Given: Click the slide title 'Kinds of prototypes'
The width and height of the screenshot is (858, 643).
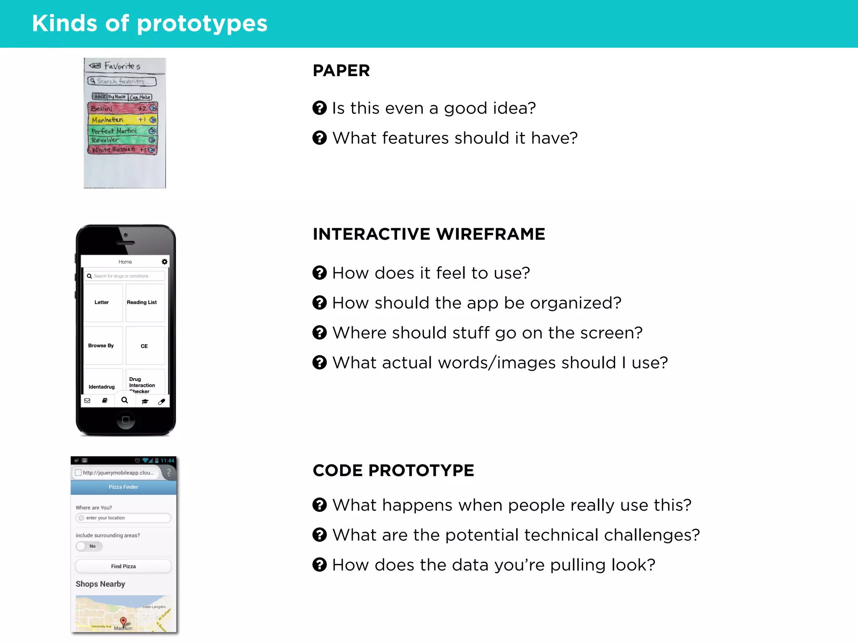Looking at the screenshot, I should (150, 23).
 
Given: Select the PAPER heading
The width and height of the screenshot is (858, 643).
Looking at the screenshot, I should (341, 71).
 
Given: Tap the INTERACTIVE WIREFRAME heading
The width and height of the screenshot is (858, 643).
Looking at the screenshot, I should (429, 234).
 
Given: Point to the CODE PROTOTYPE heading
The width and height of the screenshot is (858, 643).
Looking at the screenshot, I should (393, 471).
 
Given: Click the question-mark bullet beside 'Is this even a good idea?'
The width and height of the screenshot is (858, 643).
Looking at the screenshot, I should (320, 108).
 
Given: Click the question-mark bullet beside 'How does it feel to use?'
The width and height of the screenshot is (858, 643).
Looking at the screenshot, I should (320, 273).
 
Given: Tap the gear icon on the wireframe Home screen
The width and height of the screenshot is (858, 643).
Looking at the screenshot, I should (165, 262).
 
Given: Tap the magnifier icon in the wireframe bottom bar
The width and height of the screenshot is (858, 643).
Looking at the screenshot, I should (124, 400).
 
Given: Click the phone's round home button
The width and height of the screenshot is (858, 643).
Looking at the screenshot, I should (125, 420).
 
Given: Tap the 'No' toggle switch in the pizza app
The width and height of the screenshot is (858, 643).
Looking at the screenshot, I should (89, 546).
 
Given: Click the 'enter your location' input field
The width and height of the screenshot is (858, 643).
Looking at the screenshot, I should (124, 518).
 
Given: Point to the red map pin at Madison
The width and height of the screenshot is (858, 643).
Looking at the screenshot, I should (123, 621).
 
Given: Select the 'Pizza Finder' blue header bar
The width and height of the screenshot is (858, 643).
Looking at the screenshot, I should (124, 487).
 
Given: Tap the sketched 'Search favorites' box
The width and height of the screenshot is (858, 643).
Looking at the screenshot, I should (122, 81).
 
